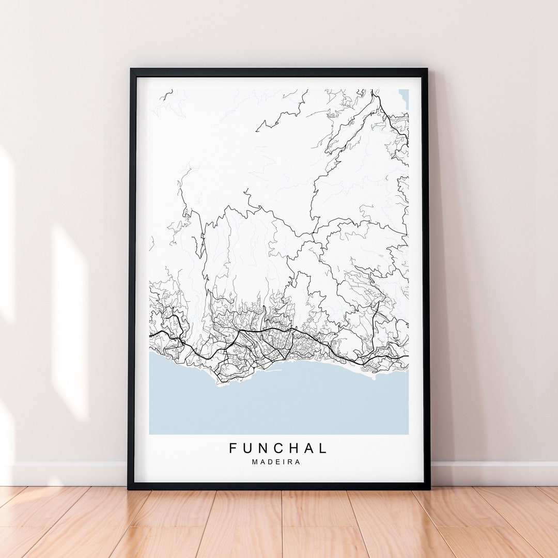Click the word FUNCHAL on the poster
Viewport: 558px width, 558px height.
[278, 448]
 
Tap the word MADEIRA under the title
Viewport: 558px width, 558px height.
[276, 462]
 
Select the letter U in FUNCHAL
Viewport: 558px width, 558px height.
[249, 448]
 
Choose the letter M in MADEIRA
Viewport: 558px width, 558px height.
[255, 462]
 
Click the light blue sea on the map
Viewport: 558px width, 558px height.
[279, 403]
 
